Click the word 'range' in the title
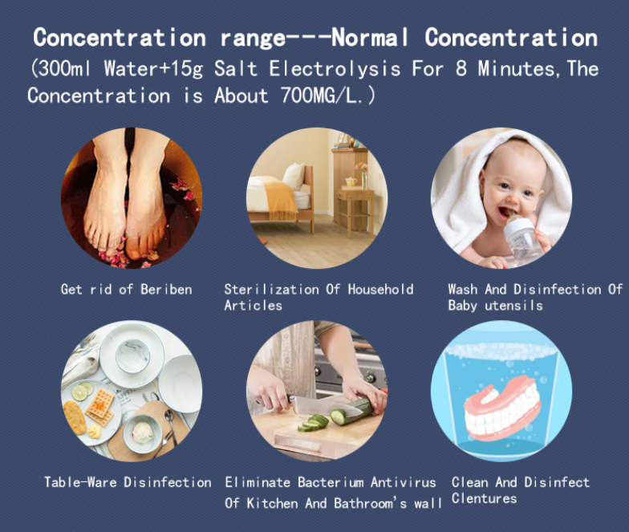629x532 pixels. point(253,39)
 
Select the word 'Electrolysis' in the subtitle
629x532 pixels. point(335,69)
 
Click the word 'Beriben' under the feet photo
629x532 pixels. point(166,289)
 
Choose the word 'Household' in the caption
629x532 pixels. point(380,289)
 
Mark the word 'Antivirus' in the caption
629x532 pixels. point(403,481)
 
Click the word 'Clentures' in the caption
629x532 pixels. point(485,498)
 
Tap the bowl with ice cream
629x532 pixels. point(143,433)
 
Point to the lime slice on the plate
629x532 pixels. point(79,393)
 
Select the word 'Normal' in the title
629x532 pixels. point(369,39)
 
